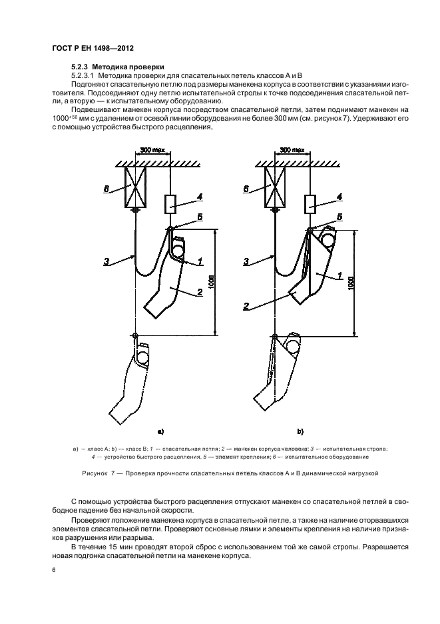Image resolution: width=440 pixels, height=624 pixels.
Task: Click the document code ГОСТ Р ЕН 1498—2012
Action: (92, 49)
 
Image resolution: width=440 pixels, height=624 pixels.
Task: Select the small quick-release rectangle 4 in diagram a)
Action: (171, 203)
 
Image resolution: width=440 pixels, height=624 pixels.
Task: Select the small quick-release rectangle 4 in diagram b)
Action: (310, 203)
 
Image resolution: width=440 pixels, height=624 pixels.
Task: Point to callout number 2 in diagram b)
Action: (245, 306)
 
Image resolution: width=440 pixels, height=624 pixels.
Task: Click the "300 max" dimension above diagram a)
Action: (152, 151)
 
